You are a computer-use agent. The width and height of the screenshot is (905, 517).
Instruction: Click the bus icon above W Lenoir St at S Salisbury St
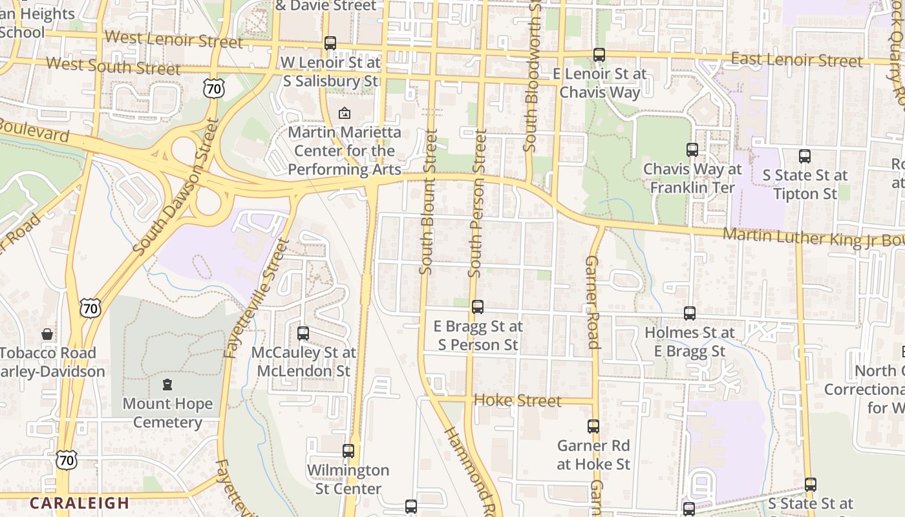[x=330, y=43]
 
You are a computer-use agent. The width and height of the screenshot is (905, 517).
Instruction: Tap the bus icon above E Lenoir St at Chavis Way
[x=599, y=55]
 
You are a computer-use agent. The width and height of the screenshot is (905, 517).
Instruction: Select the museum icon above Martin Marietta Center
[x=344, y=113]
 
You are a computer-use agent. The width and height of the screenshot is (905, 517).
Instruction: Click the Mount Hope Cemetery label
[x=167, y=413]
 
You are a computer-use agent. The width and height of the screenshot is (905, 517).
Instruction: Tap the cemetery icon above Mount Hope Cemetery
[x=167, y=385]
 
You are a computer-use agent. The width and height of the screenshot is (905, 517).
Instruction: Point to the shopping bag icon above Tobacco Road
[x=47, y=334]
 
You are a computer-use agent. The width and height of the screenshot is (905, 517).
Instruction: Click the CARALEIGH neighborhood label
[x=80, y=503]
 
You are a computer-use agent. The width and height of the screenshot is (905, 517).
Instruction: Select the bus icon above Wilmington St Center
[x=348, y=450]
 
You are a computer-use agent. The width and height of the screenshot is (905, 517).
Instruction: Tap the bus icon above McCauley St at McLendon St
[x=303, y=333]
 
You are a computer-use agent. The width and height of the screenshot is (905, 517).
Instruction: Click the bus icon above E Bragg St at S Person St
[x=478, y=307]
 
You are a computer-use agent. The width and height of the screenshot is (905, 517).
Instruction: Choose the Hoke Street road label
[x=517, y=401]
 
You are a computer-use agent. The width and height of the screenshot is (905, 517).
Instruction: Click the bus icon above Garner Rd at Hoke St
[x=593, y=427]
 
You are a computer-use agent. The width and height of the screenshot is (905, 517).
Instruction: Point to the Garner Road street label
[x=593, y=302]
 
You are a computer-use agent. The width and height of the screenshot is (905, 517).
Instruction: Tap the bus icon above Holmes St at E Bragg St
[x=690, y=313]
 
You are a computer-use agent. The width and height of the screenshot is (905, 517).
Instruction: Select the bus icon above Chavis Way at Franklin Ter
[x=692, y=150]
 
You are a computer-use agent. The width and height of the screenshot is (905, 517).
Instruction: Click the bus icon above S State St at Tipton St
[x=805, y=156]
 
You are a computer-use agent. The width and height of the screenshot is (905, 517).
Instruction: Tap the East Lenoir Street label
[x=796, y=61]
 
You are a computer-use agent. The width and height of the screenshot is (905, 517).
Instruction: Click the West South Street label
[x=113, y=66]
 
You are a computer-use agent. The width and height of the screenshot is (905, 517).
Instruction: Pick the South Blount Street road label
[x=428, y=202]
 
